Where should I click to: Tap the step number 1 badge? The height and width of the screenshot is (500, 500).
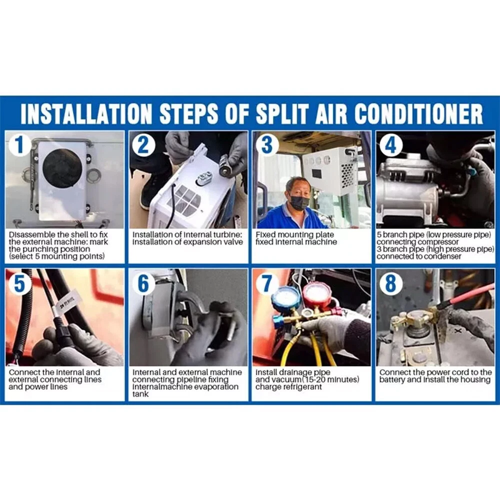coord(20,144)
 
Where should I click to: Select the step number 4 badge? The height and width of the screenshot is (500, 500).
coord(390,144)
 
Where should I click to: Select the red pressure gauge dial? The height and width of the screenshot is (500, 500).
coord(315,295)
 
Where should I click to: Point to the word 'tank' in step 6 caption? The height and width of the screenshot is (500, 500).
coord(140,394)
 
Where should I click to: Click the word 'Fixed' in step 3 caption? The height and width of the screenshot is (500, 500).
coord(265,234)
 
